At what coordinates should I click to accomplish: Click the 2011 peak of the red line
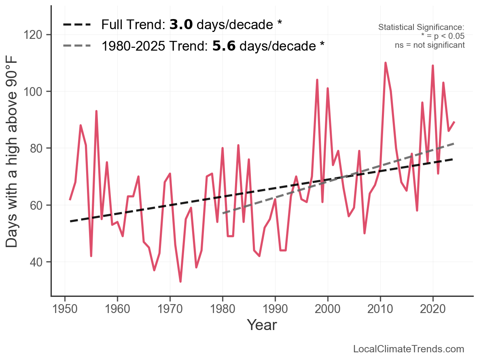(x=385, y=63)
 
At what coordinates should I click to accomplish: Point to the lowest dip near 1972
(x=180, y=281)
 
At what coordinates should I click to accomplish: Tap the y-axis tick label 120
(x=38, y=35)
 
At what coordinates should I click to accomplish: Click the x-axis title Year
(x=262, y=325)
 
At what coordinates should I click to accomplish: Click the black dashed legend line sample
(x=78, y=25)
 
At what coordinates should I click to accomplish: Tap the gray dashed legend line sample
(x=78, y=46)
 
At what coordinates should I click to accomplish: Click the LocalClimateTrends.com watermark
(x=409, y=349)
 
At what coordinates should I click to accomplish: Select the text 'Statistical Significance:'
(x=421, y=27)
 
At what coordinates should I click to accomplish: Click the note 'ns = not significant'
(x=430, y=45)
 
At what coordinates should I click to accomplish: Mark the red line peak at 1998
(x=317, y=80)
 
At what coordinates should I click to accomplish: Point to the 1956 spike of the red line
(x=96, y=111)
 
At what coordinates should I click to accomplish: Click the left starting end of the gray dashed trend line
(x=223, y=213)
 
